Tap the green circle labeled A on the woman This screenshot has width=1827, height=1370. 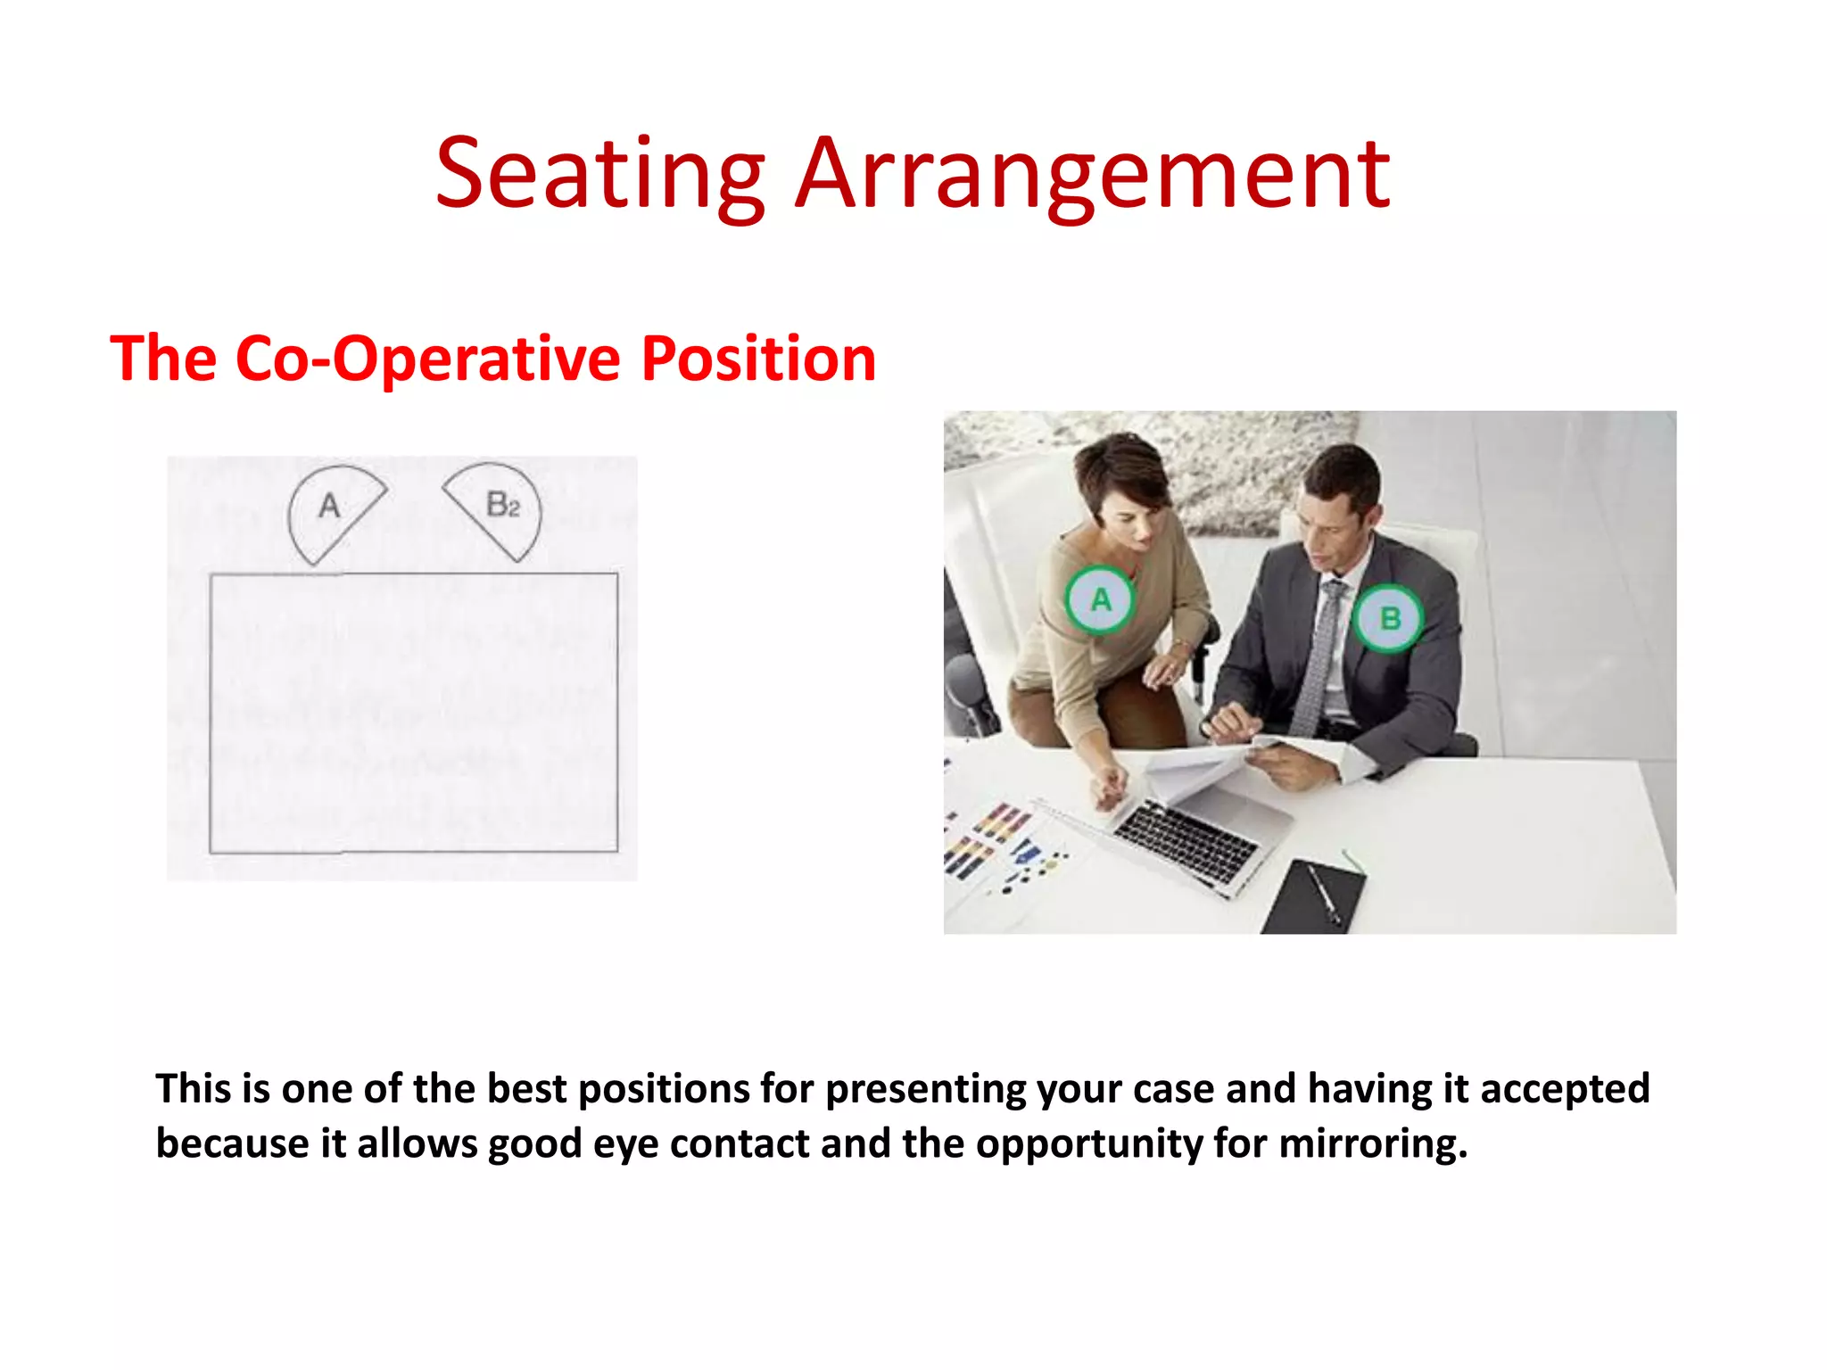(x=1100, y=599)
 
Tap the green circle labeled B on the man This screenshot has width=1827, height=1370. (x=1388, y=617)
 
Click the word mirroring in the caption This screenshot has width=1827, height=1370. (x=1372, y=1143)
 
